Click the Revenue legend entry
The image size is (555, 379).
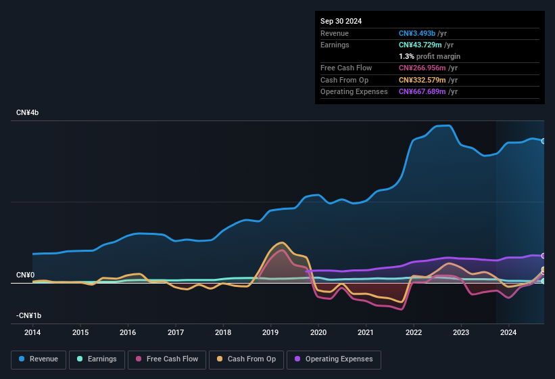point(39,359)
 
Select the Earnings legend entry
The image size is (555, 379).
point(97,359)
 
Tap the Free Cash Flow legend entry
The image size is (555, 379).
point(166,359)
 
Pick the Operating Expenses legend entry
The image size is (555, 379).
point(334,359)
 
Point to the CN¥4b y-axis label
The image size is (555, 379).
point(28,112)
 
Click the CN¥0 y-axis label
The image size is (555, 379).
point(25,275)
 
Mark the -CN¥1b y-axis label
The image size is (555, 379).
point(29,315)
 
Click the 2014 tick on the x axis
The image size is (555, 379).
point(32,332)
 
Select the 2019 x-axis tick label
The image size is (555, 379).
point(270,332)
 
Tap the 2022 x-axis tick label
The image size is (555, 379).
point(413,332)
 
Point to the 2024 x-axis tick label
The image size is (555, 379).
point(508,332)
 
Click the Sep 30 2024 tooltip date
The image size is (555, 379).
point(341,21)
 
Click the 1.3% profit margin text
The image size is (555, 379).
point(429,56)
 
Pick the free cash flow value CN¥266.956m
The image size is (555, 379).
point(429,68)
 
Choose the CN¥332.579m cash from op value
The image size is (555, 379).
point(429,80)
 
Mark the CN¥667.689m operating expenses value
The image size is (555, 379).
point(429,91)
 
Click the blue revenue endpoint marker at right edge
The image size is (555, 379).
point(544,141)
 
